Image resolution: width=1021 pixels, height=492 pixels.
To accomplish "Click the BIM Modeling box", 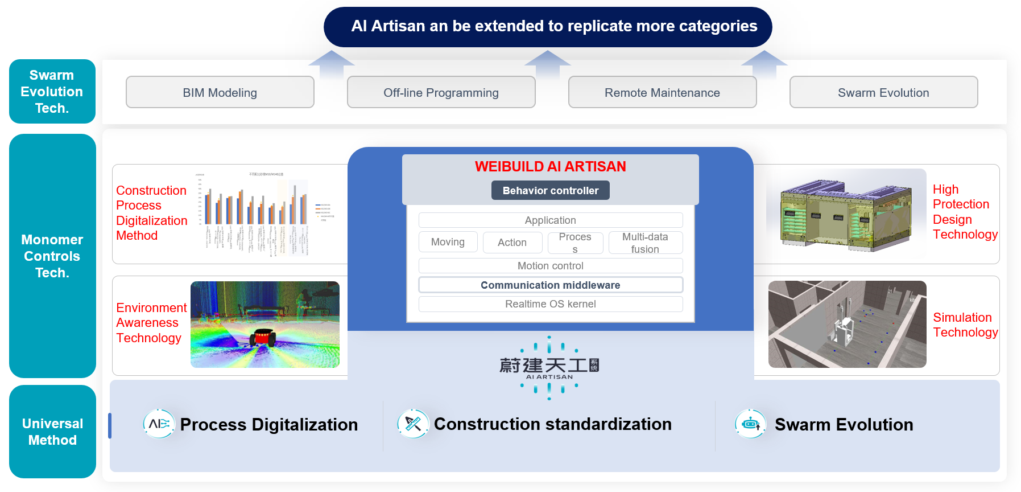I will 220,92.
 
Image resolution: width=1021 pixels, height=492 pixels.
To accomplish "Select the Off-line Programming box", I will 441,92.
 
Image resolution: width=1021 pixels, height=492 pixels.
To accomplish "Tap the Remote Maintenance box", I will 662,92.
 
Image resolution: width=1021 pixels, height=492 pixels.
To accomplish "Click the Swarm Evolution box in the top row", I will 883,92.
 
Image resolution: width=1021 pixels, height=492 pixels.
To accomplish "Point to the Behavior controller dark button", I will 550,190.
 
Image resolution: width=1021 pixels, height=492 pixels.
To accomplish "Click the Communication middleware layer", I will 550,285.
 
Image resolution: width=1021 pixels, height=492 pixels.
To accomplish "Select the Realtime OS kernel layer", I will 550,304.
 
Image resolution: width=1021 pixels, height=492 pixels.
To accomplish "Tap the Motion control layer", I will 550,266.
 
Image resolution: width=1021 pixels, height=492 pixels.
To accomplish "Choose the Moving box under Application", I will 448,242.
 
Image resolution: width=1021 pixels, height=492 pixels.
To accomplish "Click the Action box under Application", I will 512,243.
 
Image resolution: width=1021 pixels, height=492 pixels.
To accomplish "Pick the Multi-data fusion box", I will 645,243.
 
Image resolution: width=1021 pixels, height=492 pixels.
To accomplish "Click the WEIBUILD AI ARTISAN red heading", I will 550,166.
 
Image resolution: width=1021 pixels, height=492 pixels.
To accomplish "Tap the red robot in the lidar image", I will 263,337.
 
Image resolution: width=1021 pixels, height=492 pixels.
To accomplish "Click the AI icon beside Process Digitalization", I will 159,424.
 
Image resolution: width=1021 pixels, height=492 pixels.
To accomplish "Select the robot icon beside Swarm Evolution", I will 750,424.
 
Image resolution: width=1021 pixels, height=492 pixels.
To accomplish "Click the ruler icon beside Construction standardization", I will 413,424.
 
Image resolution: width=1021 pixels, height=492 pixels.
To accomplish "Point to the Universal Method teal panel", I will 52,432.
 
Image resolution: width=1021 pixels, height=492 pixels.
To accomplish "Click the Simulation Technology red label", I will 965,325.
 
